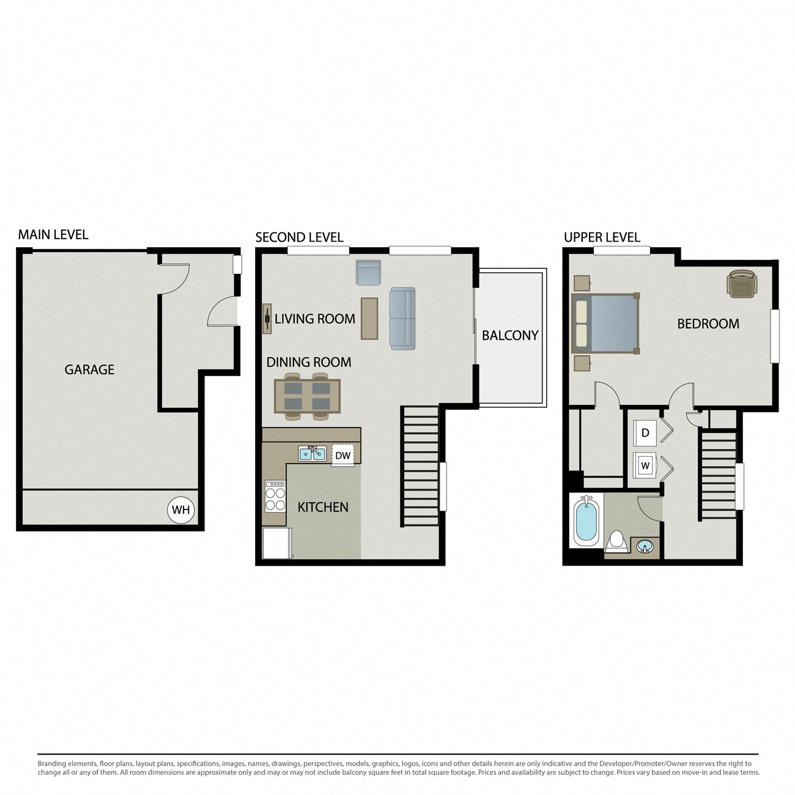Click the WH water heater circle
coord(180,510)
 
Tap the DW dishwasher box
coord(343,455)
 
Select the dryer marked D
coord(645,433)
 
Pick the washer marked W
coord(645,465)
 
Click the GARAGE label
coord(89,369)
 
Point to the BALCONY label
coord(510,335)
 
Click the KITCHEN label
coord(323,507)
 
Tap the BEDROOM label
coord(708,324)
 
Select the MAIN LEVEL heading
coord(53,234)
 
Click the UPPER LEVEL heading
coord(602,237)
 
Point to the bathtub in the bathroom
coord(586,522)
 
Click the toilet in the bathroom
coord(617,542)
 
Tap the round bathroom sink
coord(645,547)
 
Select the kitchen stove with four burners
coord(275,497)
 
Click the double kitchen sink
coord(312,453)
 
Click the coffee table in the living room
coord(369,319)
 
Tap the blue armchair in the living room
coord(368,273)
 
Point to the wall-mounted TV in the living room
coord(267,319)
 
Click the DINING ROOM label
coord(309,362)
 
